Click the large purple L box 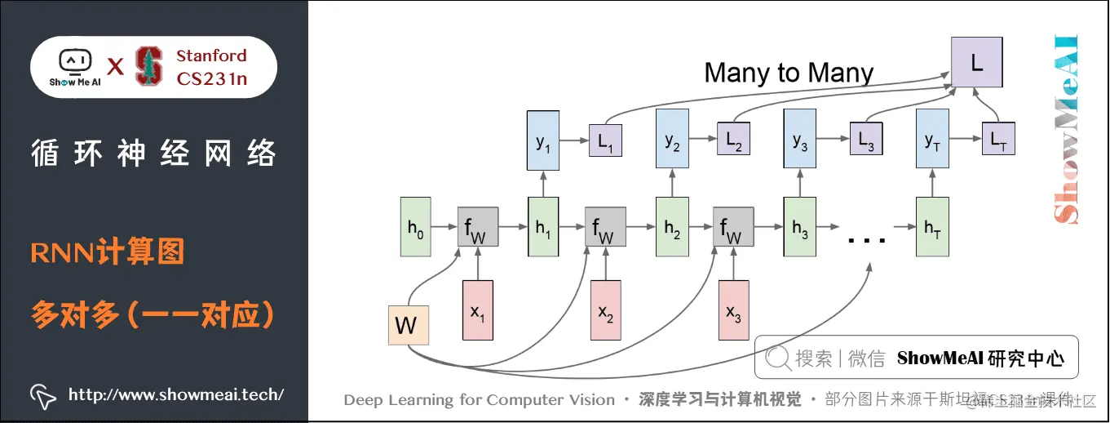pyautogui.click(x=976, y=62)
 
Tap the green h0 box pyautogui.click(x=415, y=226)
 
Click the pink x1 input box pyautogui.click(x=478, y=309)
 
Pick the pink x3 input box pyautogui.click(x=733, y=309)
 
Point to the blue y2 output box pyautogui.click(x=672, y=140)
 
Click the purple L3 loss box pyautogui.click(x=866, y=140)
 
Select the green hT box pyautogui.click(x=932, y=226)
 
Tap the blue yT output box pyautogui.click(x=932, y=140)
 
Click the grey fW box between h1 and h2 pyautogui.click(x=605, y=227)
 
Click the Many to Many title pyautogui.click(x=789, y=73)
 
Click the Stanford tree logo pyautogui.click(x=148, y=67)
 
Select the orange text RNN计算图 pyautogui.click(x=108, y=252)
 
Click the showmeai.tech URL pyautogui.click(x=175, y=394)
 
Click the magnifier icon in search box pyautogui.click(x=779, y=358)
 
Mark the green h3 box pyautogui.click(x=799, y=226)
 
